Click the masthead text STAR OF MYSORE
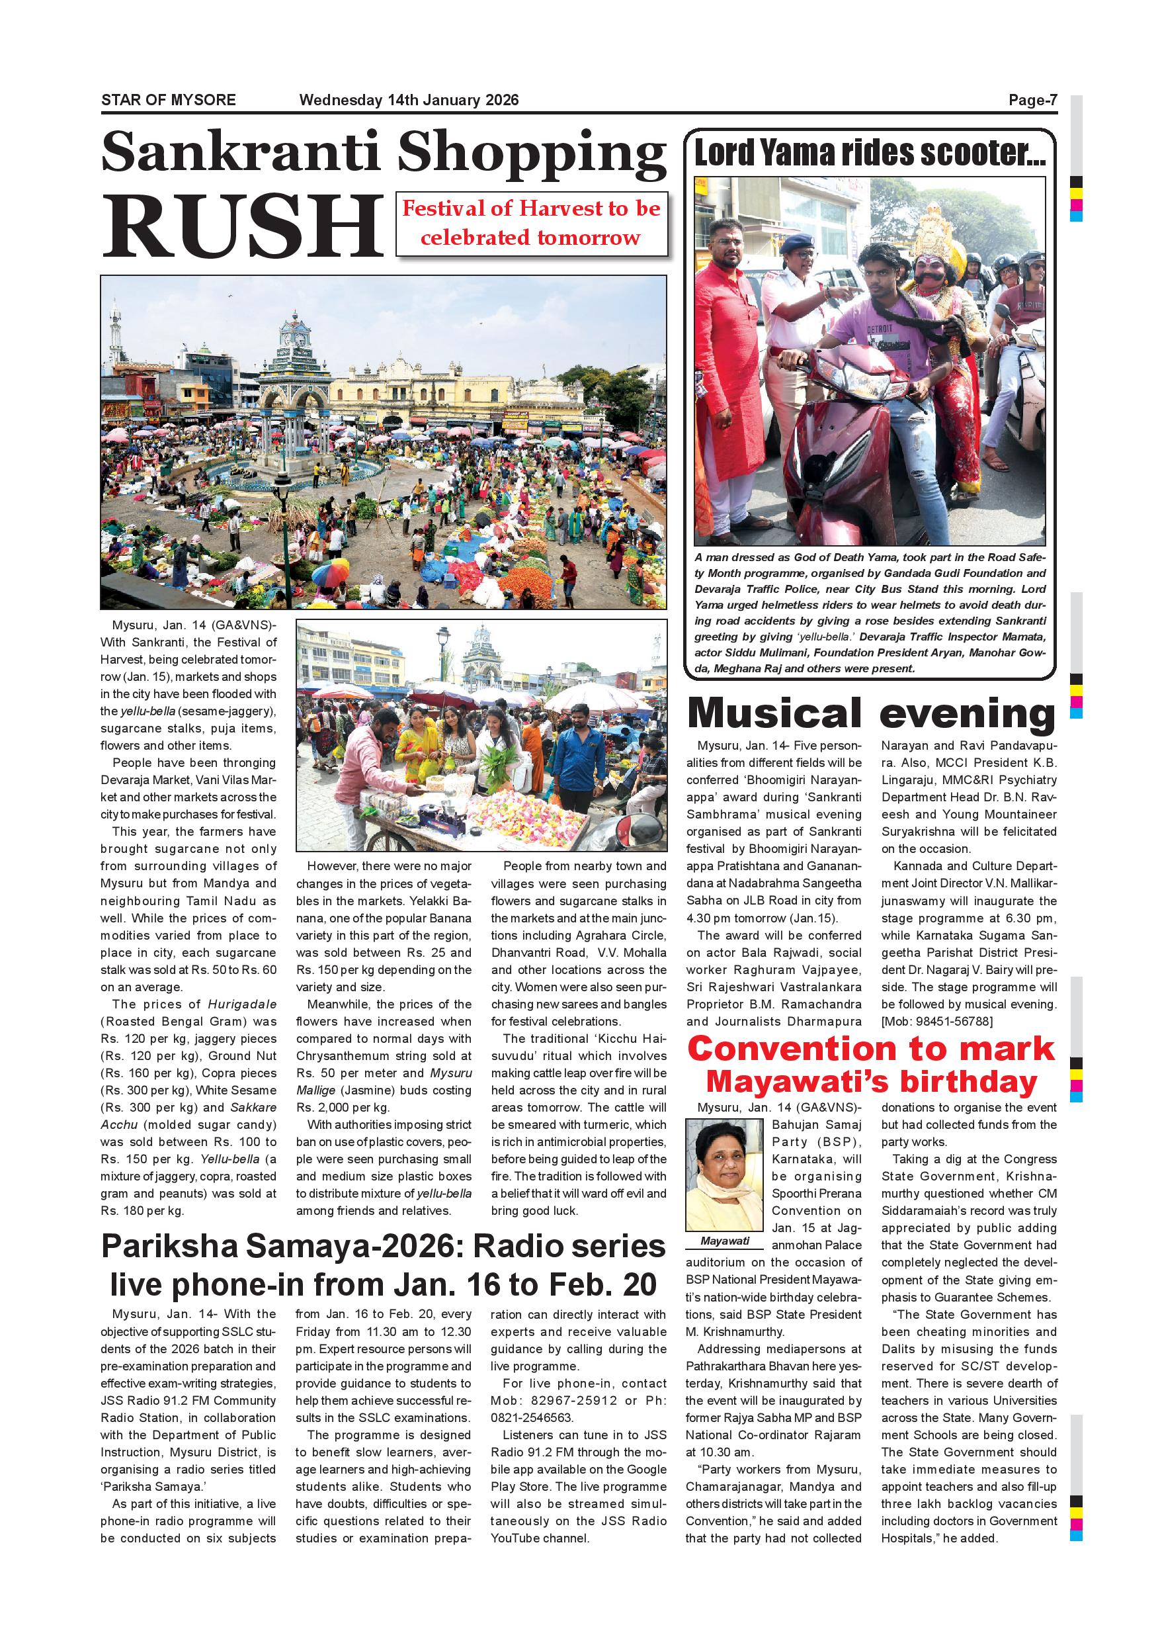[x=169, y=100]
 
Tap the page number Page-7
[x=1032, y=100]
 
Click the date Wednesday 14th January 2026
[x=409, y=100]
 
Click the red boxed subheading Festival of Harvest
[x=532, y=223]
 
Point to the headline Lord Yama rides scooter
[x=869, y=153]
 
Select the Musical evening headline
[x=870, y=714]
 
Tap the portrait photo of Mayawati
[x=724, y=1175]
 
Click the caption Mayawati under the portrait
[x=724, y=1241]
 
